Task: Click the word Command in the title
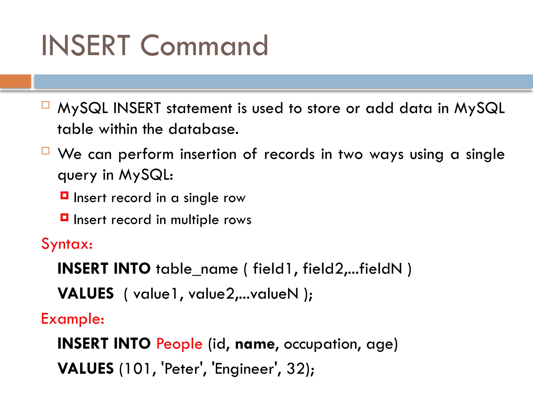click(x=204, y=46)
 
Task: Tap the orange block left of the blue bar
click(x=15, y=81)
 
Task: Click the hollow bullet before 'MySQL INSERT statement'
click(x=46, y=105)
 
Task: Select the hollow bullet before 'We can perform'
click(x=46, y=151)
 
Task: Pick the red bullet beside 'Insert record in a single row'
click(x=64, y=195)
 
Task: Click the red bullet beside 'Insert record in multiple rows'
click(x=64, y=217)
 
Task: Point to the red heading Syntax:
click(x=67, y=244)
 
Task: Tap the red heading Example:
click(x=73, y=319)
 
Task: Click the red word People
click(x=179, y=344)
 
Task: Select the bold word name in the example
click(x=255, y=344)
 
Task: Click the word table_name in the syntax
click(x=197, y=269)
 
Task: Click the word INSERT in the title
click(x=86, y=46)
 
